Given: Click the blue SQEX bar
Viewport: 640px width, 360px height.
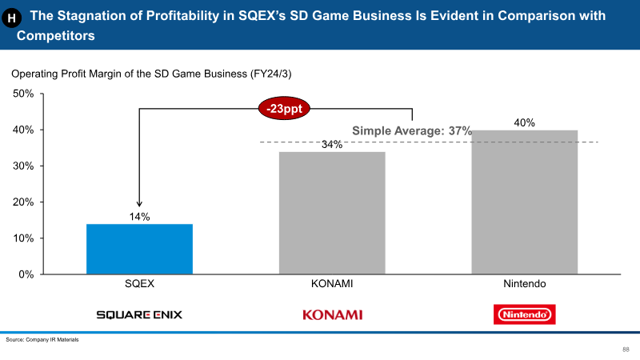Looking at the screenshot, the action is pyautogui.click(x=139, y=249).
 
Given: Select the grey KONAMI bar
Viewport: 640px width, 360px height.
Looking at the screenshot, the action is pyautogui.click(x=332, y=213).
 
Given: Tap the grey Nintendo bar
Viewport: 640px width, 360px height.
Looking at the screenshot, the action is pyautogui.click(x=525, y=202).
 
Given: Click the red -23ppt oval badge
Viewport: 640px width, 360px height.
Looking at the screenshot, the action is pyautogui.click(x=284, y=109).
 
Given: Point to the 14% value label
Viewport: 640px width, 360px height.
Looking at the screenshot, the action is pyautogui.click(x=139, y=217).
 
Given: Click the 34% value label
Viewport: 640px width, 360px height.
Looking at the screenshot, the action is pyautogui.click(x=332, y=145).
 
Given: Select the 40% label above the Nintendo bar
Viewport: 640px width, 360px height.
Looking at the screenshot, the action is pyautogui.click(x=525, y=123).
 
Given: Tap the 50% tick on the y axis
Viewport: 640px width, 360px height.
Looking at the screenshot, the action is pyautogui.click(x=23, y=94).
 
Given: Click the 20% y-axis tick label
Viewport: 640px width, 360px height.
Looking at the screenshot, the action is pyautogui.click(x=23, y=202).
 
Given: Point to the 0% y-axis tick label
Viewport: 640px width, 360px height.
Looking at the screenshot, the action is pyautogui.click(x=26, y=274).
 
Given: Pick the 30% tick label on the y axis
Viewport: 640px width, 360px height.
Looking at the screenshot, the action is pyautogui.click(x=23, y=166).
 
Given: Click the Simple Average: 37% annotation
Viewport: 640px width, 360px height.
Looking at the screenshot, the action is pyautogui.click(x=412, y=131).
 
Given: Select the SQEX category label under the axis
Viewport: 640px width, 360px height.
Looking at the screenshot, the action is pyautogui.click(x=139, y=284).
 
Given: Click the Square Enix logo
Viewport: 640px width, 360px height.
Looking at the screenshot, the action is pyautogui.click(x=139, y=314).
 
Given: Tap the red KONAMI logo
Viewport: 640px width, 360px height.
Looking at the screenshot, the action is pyautogui.click(x=332, y=314).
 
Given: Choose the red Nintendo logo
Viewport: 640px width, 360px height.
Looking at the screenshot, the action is pyautogui.click(x=525, y=314).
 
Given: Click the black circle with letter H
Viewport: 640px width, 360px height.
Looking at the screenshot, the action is pyautogui.click(x=11, y=18).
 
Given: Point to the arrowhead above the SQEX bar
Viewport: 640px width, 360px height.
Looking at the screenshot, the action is pyautogui.click(x=139, y=204).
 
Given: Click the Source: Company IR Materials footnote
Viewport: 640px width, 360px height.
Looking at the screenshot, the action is pyautogui.click(x=42, y=339).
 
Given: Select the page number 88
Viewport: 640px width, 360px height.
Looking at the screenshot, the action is pyautogui.click(x=626, y=350).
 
